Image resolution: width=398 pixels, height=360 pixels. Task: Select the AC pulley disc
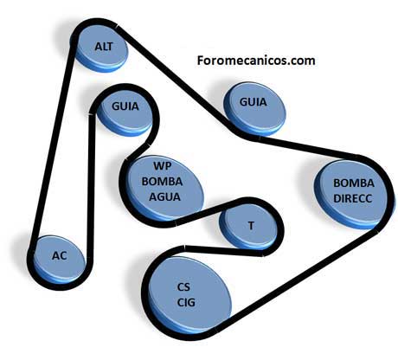[59, 259]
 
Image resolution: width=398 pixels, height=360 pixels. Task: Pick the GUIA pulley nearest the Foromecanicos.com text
[254, 108]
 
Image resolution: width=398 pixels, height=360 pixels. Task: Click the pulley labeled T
[248, 228]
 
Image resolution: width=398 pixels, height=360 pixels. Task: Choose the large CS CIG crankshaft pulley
[189, 296]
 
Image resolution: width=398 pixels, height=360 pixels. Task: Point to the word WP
[163, 166]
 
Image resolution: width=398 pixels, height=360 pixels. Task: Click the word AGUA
[164, 196]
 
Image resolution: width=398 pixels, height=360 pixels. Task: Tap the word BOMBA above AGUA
[163, 182]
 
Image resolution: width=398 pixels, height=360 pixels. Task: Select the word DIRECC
[353, 198]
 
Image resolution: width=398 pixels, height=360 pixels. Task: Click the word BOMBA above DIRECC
[354, 183]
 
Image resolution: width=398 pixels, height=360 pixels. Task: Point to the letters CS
[183, 287]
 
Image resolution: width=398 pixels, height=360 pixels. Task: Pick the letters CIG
[186, 302]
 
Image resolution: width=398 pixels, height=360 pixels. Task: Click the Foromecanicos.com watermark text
[256, 61]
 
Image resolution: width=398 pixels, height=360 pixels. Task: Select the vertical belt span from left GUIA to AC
[91, 184]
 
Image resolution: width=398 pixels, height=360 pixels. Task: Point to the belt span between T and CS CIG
[224, 250]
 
